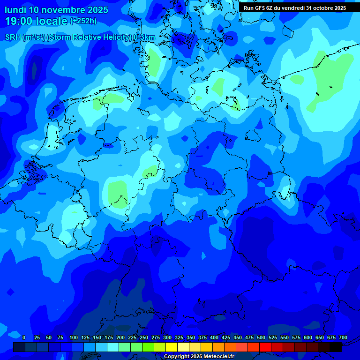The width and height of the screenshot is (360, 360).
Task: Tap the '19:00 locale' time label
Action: (36, 21)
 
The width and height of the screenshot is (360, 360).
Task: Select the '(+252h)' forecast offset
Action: (83, 21)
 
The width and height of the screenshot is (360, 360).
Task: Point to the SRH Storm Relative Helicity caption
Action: (80, 37)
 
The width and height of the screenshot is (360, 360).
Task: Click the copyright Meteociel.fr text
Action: (199, 356)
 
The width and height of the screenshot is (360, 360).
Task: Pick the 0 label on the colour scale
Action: (24, 337)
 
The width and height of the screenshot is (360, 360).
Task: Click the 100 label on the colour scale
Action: (73, 337)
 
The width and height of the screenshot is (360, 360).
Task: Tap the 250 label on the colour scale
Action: (143, 337)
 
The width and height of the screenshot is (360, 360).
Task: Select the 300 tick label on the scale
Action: (167, 337)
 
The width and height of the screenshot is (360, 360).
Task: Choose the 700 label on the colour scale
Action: (343, 337)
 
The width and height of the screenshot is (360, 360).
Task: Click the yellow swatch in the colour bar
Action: (172, 347)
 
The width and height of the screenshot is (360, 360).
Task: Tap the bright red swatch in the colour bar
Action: (265, 347)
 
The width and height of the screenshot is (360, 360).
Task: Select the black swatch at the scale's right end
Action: (336, 347)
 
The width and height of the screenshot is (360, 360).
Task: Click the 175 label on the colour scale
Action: (108, 337)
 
